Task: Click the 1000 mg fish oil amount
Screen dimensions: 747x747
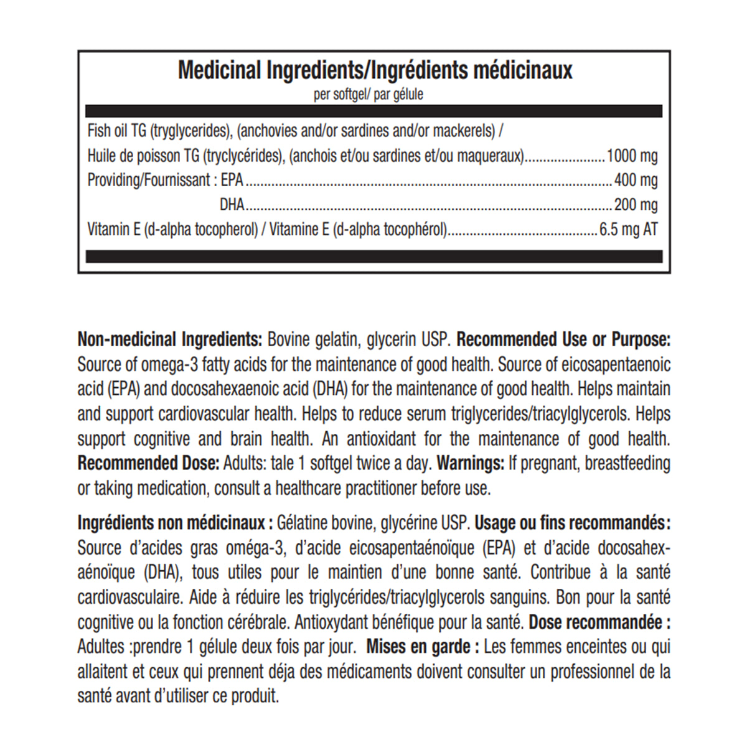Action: click(632, 156)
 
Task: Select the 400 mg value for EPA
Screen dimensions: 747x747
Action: click(636, 181)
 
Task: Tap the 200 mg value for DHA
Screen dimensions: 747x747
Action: click(636, 205)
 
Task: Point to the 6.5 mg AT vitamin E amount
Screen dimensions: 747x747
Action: click(628, 230)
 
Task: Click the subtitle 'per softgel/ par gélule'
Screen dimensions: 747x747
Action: click(369, 95)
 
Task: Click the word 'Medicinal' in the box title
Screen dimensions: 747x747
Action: click(219, 70)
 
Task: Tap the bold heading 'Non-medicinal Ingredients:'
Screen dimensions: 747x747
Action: click(169, 340)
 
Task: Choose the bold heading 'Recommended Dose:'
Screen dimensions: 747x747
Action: click(148, 464)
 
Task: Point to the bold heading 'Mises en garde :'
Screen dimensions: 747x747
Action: click(423, 647)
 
